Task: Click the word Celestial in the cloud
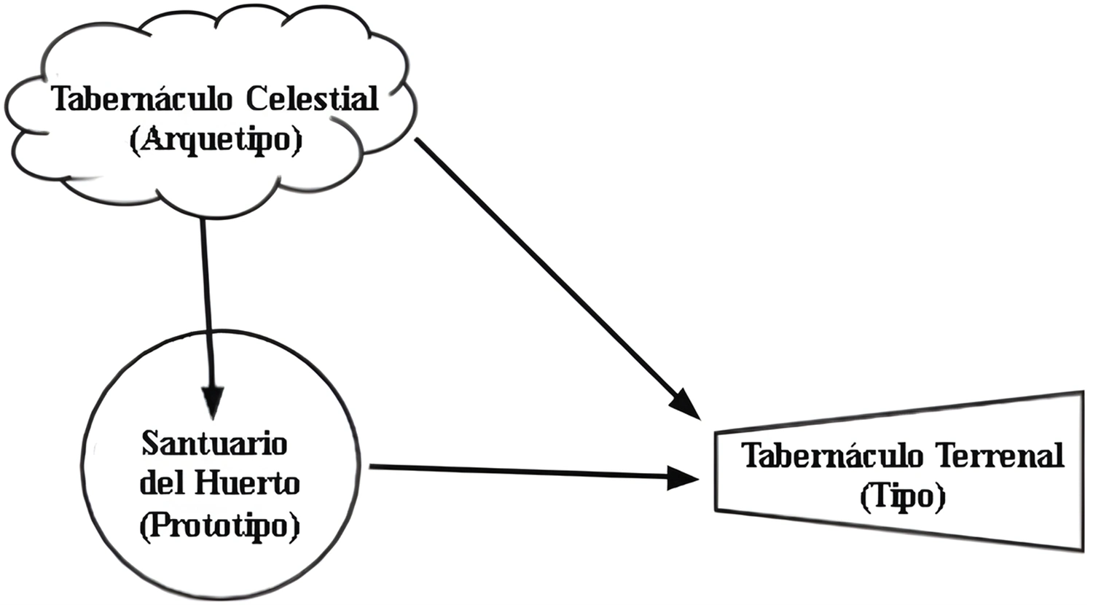[312, 99]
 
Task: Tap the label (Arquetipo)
[215, 140]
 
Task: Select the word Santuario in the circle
[214, 443]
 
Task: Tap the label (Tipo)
[902, 497]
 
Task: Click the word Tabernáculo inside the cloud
[144, 99]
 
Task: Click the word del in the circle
[162, 483]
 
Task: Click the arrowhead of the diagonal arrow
[686, 405]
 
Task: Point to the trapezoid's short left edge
[716, 469]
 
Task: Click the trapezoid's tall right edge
[1081, 470]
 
